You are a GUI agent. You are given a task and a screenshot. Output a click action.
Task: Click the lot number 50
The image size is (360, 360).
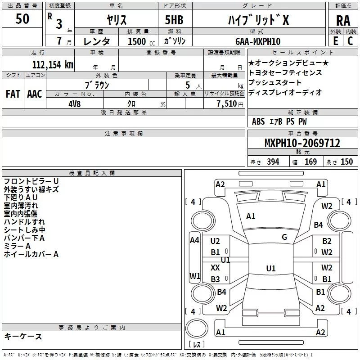pyautogui.click(x=22, y=18)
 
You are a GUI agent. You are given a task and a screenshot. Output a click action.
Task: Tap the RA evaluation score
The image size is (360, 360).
pyautogui.click(x=343, y=21)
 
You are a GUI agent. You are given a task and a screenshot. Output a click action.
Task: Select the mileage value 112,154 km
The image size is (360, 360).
pyautogui.click(x=53, y=64)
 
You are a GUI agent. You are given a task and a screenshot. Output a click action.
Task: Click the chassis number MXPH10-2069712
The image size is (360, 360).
pyautogui.click(x=302, y=143)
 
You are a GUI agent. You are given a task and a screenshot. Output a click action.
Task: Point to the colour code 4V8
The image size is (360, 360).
pyautogui.click(x=75, y=104)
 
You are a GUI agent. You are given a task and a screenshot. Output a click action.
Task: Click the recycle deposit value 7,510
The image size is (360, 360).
pyautogui.click(x=227, y=103)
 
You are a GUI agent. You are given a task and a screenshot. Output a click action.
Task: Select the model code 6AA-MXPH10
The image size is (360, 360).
pyautogui.click(x=258, y=41)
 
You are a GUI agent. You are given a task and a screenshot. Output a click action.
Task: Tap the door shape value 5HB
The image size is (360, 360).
pyautogui.click(x=174, y=20)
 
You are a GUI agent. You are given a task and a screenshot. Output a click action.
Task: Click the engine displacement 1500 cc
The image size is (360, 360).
pyautogui.click(x=141, y=41)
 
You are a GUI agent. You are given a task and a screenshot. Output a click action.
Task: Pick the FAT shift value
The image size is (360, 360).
pyautogui.click(x=13, y=94)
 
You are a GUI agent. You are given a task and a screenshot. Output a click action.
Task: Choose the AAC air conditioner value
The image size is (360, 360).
pyautogui.click(x=35, y=94)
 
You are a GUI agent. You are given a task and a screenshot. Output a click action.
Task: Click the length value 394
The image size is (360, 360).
pyautogui.click(x=273, y=162)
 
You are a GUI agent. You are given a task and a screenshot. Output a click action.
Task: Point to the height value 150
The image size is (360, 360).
pyautogui.click(x=346, y=162)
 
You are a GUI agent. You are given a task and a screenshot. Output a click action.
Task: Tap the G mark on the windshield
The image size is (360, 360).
pyautogui.click(x=284, y=237)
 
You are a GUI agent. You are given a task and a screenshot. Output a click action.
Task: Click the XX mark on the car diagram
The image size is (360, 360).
pyautogui.click(x=215, y=267)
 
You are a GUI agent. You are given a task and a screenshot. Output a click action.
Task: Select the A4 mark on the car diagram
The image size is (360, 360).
pyautogui.click(x=194, y=240)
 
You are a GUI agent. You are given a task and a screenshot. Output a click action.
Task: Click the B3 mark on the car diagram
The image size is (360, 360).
pyautogui.click(x=216, y=279)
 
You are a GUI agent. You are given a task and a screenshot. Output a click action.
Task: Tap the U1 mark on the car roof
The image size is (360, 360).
pyautogui.click(x=271, y=268)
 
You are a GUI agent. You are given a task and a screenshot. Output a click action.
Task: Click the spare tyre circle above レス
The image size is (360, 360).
pyautogui.click(x=197, y=328)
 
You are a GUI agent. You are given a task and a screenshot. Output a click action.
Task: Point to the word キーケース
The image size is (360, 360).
pyautogui.click(x=23, y=336)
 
